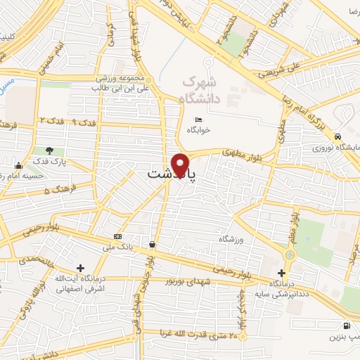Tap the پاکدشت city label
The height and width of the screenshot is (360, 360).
click(171, 173)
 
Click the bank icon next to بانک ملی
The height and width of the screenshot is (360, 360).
click(117, 236)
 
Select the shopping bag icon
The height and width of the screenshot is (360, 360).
click(152, 245)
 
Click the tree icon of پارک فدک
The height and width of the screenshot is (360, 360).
click(49, 150)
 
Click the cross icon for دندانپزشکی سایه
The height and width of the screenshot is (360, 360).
click(282, 272)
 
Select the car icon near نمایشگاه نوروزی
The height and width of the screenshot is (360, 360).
click(339, 136)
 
